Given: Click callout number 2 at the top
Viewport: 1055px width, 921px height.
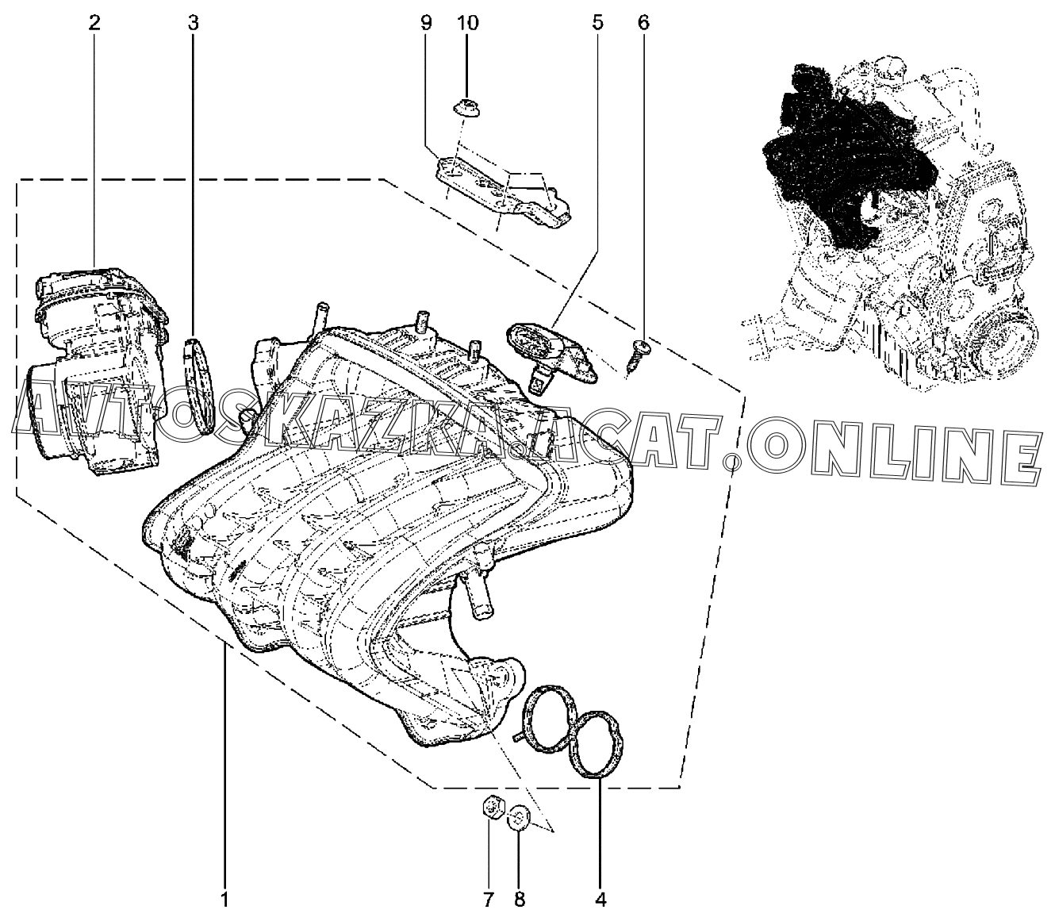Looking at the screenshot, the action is [x=94, y=24].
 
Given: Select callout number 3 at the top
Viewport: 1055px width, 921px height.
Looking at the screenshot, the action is [x=193, y=24].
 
